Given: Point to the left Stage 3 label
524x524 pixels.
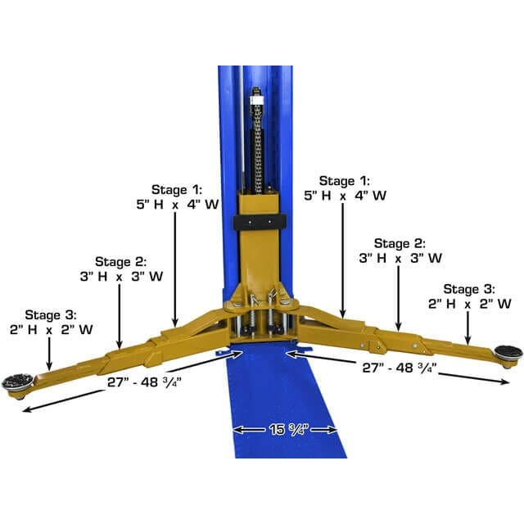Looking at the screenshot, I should [51, 314].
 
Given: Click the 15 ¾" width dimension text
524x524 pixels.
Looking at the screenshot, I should [285, 430].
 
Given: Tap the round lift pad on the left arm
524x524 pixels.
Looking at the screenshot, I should [18, 381].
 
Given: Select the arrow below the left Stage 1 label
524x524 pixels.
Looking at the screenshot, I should [174, 270].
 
